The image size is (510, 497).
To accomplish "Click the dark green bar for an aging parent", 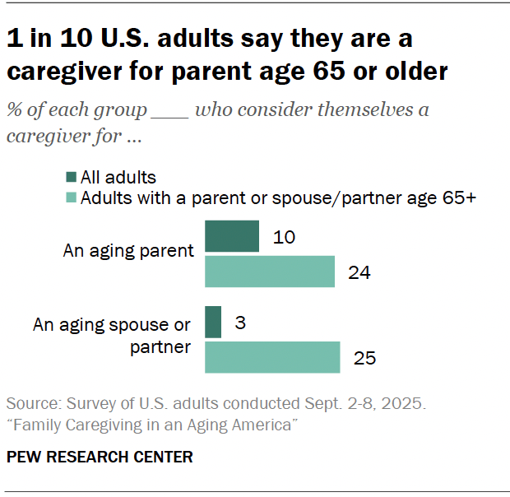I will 232,236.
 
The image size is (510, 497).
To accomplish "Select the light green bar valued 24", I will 269,272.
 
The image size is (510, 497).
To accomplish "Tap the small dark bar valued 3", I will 213,322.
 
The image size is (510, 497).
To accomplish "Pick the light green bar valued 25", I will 271,357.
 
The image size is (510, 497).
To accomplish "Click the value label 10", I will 283,237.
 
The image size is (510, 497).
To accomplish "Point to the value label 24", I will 359,272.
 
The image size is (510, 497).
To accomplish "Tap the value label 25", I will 364,358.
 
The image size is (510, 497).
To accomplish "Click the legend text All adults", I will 118,177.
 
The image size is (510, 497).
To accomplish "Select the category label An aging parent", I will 128,251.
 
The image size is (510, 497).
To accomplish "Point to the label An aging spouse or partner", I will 113,336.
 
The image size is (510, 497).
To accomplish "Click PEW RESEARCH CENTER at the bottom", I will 100,457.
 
